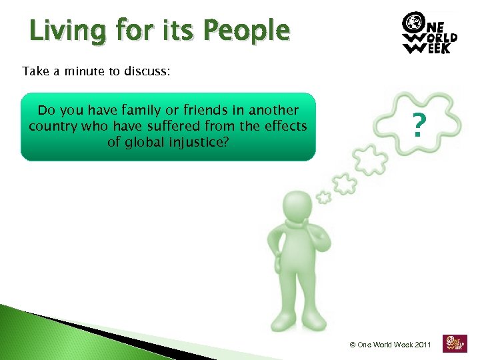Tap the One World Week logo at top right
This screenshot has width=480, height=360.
[429, 33]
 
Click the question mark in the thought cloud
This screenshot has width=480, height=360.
[418, 125]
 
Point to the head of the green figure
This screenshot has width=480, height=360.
[297, 207]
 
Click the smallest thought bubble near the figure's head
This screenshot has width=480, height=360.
[324, 197]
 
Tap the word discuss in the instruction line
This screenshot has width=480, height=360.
[147, 71]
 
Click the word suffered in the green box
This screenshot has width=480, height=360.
[167, 125]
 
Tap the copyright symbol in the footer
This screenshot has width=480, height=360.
[353, 345]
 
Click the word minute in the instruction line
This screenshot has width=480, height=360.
[83, 71]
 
